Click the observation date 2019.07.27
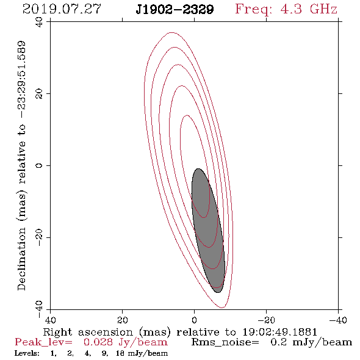(62, 9)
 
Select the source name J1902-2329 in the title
(175, 9)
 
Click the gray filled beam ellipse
(208, 231)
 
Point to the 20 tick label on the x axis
(122, 320)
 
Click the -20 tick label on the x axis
(266, 320)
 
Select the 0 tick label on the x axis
(194, 320)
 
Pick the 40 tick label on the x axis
(50, 320)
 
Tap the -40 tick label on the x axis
(338, 320)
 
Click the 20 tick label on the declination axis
(39, 94)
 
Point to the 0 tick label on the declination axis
(39, 165)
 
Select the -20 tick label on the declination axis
(39, 237)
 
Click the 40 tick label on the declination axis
(39, 22)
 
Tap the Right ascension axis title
(180, 332)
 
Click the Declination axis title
(21, 165)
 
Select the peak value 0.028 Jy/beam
(125, 342)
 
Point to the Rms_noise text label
(225, 342)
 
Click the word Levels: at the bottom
(27, 353)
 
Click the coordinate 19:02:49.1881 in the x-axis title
(279, 332)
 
